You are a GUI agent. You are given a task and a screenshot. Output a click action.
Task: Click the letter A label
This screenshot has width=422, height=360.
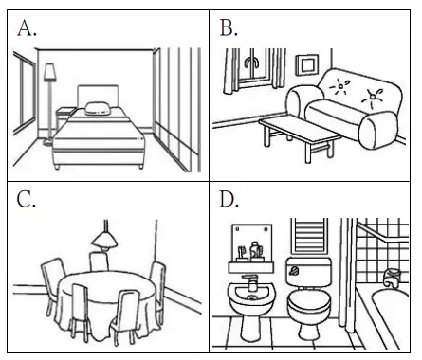click(x=27, y=28)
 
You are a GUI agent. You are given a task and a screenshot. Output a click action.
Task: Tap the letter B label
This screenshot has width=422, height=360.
click(x=229, y=27)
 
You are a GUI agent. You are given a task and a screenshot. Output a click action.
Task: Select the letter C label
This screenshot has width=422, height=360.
click(x=26, y=200)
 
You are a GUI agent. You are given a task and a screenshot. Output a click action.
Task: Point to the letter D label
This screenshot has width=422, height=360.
click(x=229, y=199)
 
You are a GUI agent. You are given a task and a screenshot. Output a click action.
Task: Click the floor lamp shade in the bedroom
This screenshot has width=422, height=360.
click(x=49, y=72)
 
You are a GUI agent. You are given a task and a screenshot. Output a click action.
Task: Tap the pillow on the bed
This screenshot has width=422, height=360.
click(x=97, y=108)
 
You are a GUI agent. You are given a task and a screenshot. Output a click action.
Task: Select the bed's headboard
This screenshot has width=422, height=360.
click(x=98, y=96)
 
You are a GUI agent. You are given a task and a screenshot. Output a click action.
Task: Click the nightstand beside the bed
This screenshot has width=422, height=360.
click(x=65, y=118)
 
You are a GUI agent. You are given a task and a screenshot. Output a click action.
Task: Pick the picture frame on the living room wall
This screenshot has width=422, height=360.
click(x=307, y=65)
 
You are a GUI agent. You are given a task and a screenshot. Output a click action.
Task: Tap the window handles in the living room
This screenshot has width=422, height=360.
click(x=252, y=63)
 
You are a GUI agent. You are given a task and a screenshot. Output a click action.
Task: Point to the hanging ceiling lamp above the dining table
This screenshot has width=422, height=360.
click(x=104, y=241)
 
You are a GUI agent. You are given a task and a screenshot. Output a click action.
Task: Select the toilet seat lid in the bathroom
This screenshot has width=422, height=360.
click(x=309, y=301)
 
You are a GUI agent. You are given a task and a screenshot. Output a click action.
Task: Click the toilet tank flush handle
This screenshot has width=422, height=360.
click(x=294, y=270)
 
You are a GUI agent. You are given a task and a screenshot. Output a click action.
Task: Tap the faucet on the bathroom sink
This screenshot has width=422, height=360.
click(x=251, y=282)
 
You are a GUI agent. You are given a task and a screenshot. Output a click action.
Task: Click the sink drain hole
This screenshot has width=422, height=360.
click(x=251, y=297)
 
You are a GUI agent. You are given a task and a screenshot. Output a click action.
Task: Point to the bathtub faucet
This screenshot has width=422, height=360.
click(x=392, y=277)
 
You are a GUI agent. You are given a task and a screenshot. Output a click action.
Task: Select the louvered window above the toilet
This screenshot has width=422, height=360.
click(x=309, y=236)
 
